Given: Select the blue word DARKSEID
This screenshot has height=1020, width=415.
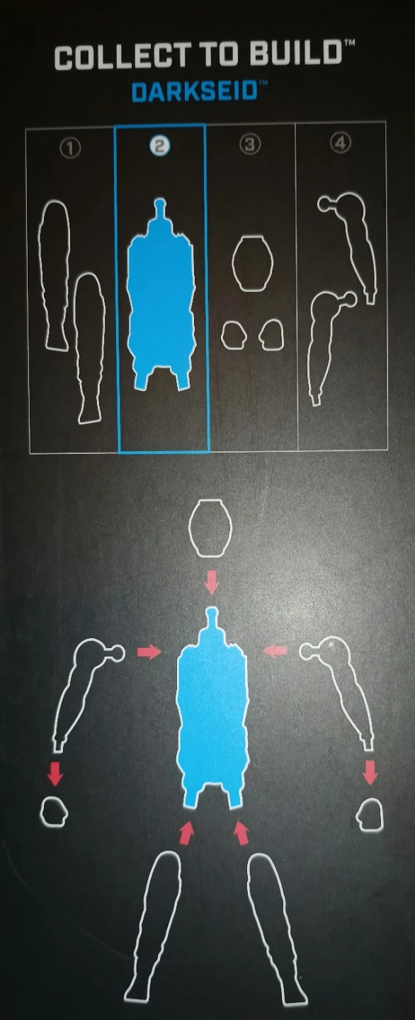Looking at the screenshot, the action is pyautogui.click(x=195, y=92).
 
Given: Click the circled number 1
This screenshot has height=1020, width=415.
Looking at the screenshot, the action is pyautogui.click(x=70, y=148).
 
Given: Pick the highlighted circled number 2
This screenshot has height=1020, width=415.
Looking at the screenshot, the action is pyautogui.click(x=160, y=146).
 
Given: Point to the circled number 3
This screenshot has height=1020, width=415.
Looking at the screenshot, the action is pyautogui.click(x=250, y=144).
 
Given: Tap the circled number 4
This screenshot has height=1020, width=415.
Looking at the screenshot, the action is pyautogui.click(x=341, y=143).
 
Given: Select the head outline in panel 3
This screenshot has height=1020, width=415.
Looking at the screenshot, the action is pyautogui.click(x=253, y=263).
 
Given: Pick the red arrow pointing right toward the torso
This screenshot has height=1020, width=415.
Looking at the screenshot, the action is pyautogui.click(x=149, y=652).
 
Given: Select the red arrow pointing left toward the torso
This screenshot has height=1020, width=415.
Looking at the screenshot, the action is pyautogui.click(x=275, y=651).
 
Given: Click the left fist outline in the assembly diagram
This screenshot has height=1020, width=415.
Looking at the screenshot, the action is pyautogui.click(x=53, y=812).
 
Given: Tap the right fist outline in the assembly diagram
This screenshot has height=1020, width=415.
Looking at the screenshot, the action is pyautogui.click(x=370, y=815).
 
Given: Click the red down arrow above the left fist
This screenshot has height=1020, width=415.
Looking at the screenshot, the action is pyautogui.click(x=55, y=774).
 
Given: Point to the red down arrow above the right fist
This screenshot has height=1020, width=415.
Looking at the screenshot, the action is pyautogui.click(x=370, y=773).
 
